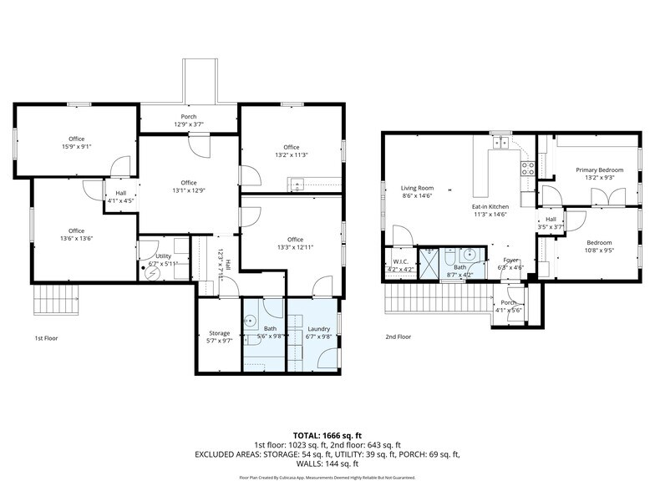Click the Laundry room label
point(318,329)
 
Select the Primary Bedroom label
point(599,170)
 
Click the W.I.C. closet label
point(402,261)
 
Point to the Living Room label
point(417,188)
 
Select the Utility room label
point(164,257)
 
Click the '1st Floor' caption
point(47,337)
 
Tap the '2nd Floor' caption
point(398,337)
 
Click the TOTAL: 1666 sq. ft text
point(327,435)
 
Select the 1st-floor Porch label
point(189,116)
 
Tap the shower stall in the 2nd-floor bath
point(429,262)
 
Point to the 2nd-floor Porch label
point(508,303)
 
